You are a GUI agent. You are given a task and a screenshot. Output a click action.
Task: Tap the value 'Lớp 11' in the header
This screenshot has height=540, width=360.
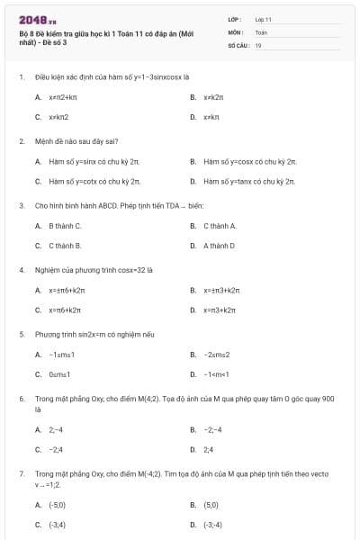coord(264,19)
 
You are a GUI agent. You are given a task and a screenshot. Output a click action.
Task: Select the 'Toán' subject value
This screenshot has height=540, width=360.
coord(261,31)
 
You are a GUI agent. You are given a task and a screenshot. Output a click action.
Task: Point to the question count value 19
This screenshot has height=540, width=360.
coord(258,44)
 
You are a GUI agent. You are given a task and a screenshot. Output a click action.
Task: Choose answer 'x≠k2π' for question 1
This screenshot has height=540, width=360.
coord(212,96)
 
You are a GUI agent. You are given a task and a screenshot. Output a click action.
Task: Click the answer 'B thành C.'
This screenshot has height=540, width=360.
coord(65,225)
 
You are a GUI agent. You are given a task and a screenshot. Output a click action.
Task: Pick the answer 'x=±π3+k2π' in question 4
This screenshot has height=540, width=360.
coord(221,290)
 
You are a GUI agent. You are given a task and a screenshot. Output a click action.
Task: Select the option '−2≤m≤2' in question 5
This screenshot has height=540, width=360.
coord(218,355)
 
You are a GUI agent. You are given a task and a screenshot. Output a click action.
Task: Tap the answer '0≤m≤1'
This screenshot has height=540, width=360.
coord(59,374)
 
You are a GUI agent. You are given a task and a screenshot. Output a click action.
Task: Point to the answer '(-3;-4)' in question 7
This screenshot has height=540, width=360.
coord(212,525)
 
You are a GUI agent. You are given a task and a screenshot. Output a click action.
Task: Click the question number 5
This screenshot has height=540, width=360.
coord(21,334)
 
